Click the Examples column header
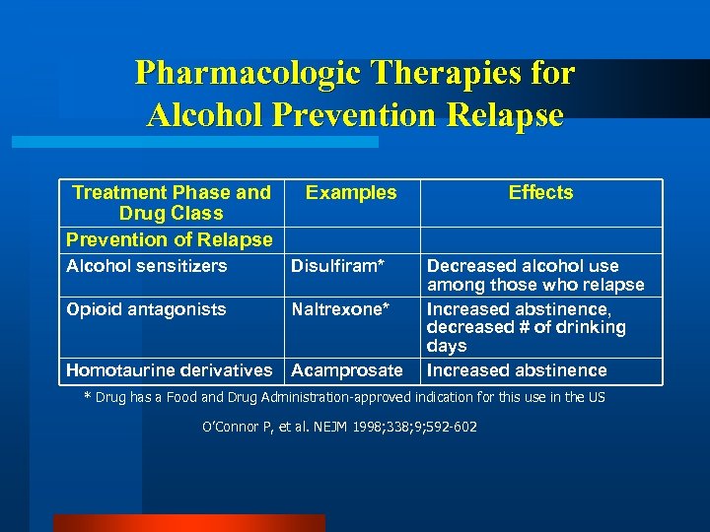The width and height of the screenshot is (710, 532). [351, 193]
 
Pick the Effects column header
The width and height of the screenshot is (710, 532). [540, 193]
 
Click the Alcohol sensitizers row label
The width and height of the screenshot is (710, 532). [146, 266]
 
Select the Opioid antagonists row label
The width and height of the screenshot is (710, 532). [146, 309]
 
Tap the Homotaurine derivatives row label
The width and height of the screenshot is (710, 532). [169, 370]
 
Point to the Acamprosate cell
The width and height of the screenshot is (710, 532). [346, 370]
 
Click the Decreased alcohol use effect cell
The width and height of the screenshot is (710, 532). [534, 276]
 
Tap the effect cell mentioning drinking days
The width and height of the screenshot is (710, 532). [526, 327]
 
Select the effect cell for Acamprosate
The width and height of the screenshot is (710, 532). [517, 370]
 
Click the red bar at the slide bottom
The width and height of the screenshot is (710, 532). [188, 523]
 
